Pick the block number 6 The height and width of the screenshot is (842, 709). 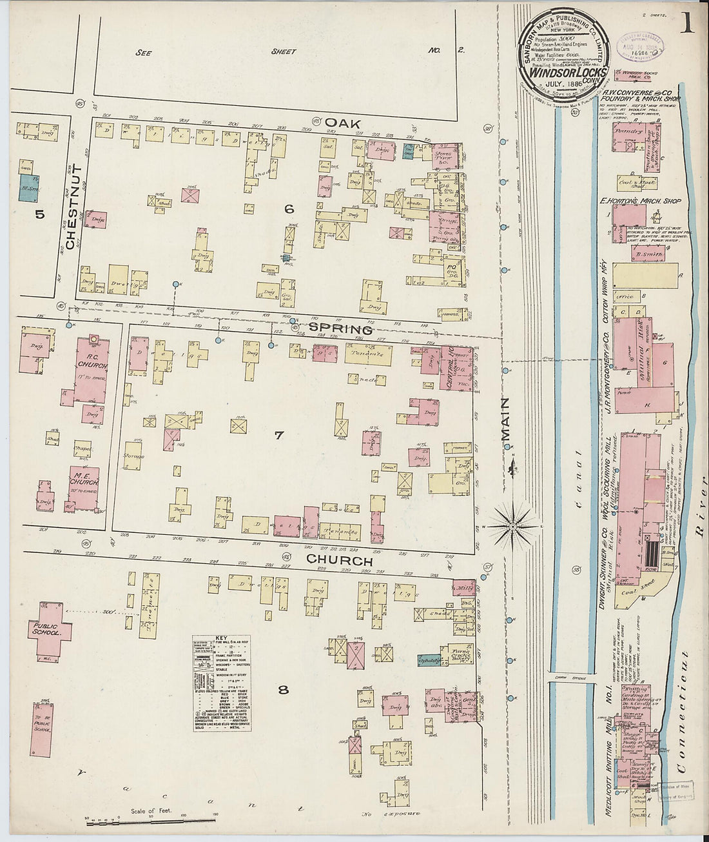pos(289,208)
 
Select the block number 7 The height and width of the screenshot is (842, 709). pos(278,435)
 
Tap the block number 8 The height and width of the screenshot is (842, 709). pos(282,690)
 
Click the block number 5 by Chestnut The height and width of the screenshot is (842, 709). pos(40,214)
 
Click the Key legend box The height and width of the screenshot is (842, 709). pos(222,683)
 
